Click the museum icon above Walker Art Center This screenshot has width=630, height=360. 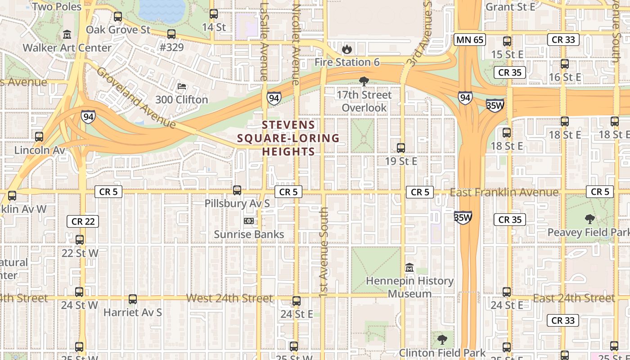point(67,34)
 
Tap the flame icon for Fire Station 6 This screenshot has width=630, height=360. point(346,49)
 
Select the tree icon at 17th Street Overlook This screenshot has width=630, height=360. point(364,81)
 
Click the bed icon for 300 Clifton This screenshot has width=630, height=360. point(182,86)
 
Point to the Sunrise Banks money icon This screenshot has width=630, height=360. point(248,221)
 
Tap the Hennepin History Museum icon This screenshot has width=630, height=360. point(409,268)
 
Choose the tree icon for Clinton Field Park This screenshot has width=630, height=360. point(442,339)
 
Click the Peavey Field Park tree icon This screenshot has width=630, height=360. point(589,219)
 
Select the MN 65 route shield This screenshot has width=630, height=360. point(469,40)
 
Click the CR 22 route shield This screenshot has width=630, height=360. point(83,221)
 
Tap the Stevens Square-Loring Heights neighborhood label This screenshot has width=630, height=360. point(288,138)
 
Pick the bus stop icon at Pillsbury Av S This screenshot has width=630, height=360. point(237,190)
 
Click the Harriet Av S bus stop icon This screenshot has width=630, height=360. point(132,299)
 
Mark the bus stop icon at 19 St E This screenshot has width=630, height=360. point(400,148)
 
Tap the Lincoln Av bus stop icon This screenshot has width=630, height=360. point(39,137)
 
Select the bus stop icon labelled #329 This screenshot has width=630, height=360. point(171,34)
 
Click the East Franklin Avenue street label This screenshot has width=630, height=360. point(504,193)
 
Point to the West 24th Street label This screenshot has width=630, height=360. point(229,298)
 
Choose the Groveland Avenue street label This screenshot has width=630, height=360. point(135,98)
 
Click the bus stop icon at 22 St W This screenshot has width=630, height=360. point(80,240)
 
